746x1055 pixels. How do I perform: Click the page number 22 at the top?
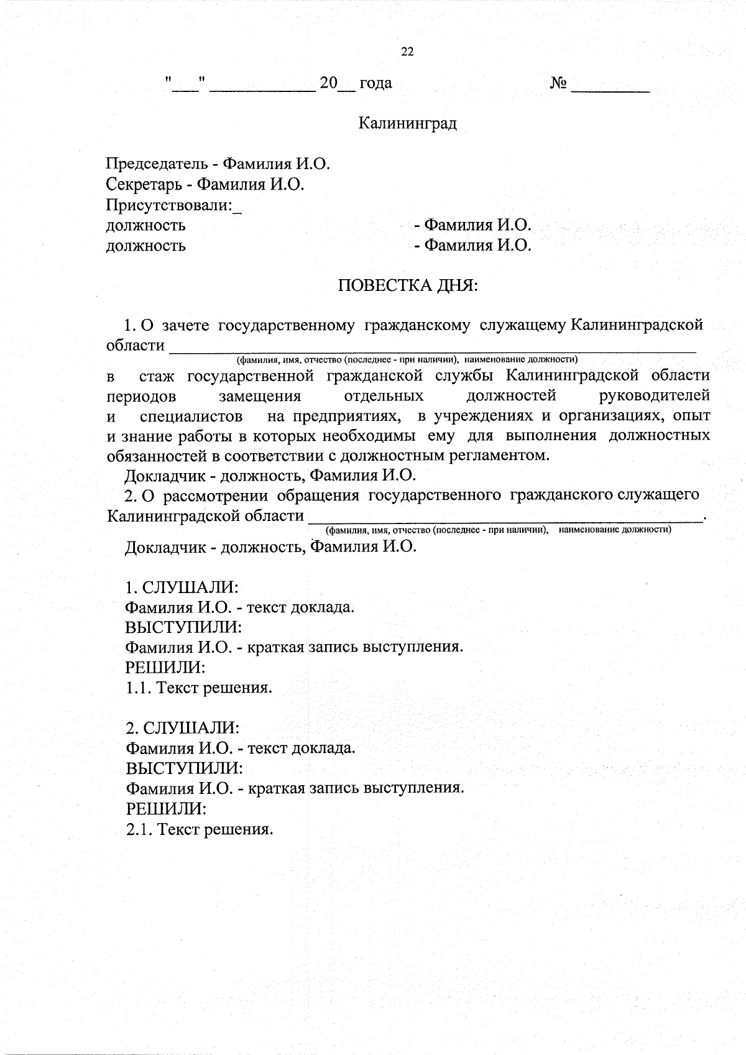[x=408, y=52]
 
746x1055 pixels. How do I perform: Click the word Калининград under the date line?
[x=407, y=124]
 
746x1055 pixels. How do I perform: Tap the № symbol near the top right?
[x=558, y=83]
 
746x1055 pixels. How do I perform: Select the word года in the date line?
[x=375, y=83]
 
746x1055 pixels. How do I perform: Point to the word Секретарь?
[x=147, y=185]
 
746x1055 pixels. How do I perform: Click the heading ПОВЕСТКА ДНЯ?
[x=408, y=286]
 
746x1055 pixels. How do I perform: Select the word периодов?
[x=141, y=397]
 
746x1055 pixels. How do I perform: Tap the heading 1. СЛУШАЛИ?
[x=182, y=587]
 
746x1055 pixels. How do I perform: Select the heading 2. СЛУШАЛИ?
[x=182, y=727]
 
